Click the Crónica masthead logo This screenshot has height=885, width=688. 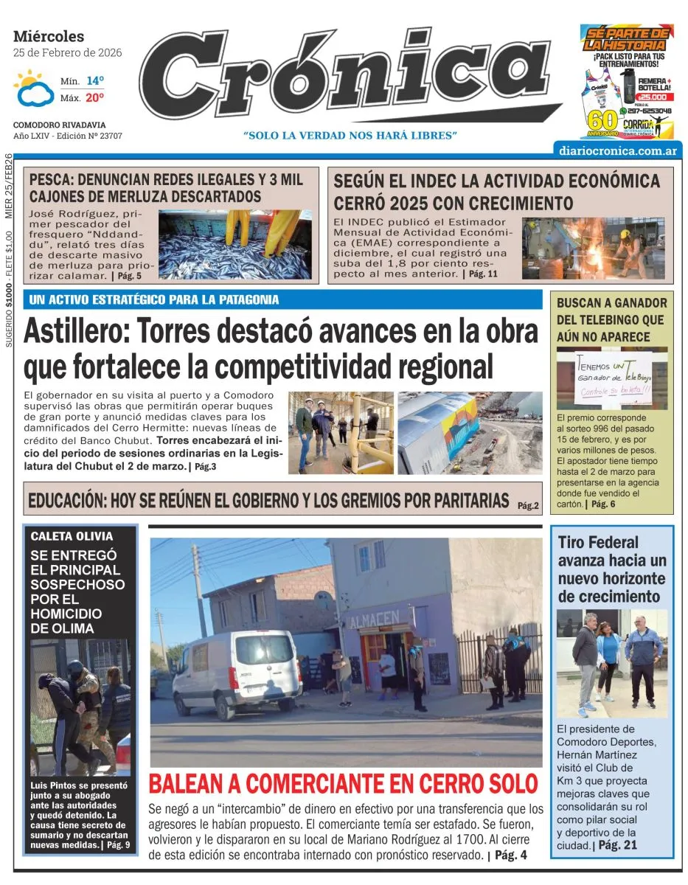pyautogui.click(x=345, y=77)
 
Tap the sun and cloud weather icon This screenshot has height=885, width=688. pyautogui.click(x=33, y=89)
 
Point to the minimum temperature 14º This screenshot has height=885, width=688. pyautogui.click(x=94, y=80)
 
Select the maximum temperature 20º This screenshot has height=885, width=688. pyautogui.click(x=94, y=97)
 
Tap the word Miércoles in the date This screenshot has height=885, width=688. pyautogui.click(x=49, y=36)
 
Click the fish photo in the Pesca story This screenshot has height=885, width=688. pyautogui.click(x=235, y=244)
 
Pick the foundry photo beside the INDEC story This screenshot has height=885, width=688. pyautogui.click(x=593, y=248)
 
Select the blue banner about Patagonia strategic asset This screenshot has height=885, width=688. pyautogui.click(x=284, y=300)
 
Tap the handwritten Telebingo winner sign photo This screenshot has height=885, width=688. pyautogui.click(x=611, y=378)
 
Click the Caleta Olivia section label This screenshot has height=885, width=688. pyautogui.click(x=72, y=536)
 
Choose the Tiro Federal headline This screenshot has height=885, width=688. pyautogui.click(x=611, y=569)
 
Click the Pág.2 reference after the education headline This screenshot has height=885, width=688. pyautogui.click(x=528, y=506)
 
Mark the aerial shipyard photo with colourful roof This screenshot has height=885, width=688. pyautogui.click(x=470, y=432)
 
